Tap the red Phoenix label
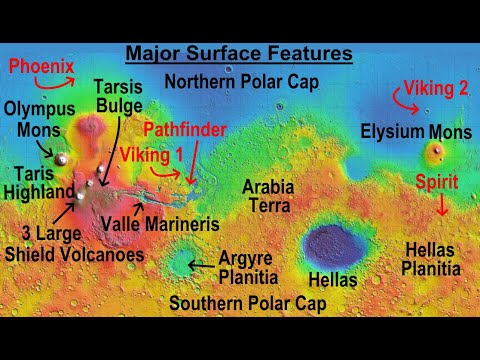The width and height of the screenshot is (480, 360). (x=41, y=68)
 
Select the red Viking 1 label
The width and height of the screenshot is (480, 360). (x=151, y=155)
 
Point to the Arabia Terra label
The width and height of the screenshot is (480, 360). (x=268, y=196)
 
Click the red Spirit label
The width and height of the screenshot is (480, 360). (x=440, y=183)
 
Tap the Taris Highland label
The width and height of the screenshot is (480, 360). (x=37, y=181)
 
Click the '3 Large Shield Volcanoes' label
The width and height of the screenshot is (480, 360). (x=77, y=245)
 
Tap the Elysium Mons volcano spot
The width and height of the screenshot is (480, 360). (x=434, y=152)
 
